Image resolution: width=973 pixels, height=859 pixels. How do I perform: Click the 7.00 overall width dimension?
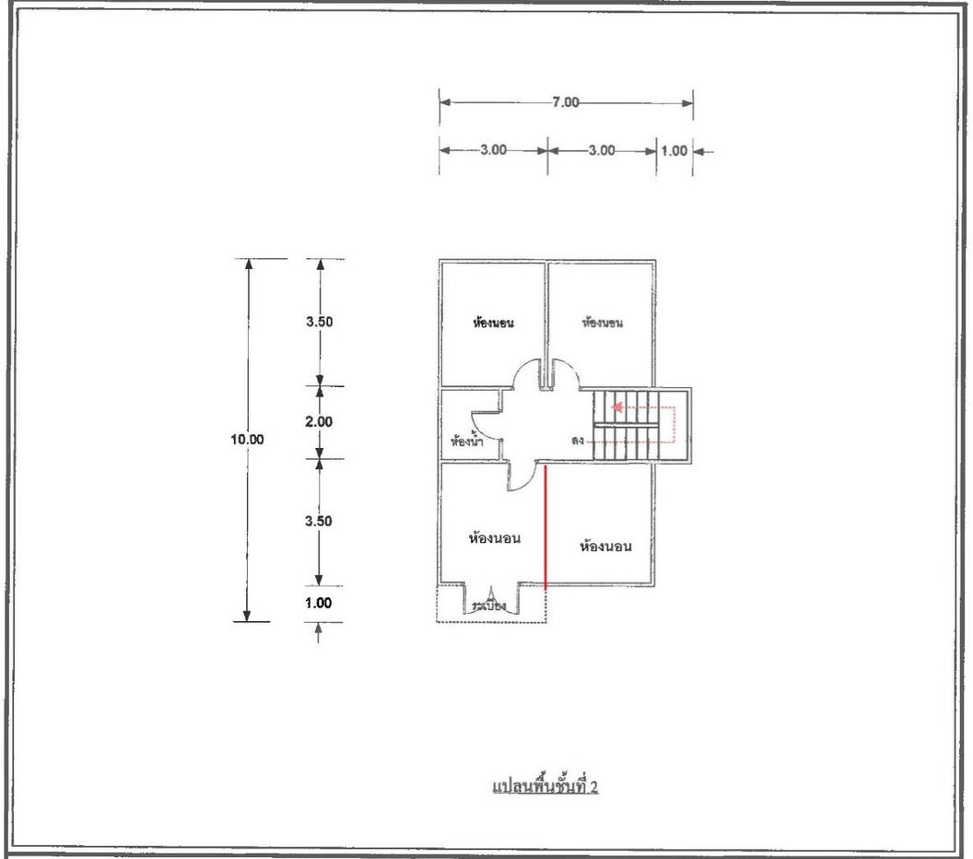[x=566, y=102]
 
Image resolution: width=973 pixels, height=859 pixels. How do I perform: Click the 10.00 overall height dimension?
[x=247, y=440]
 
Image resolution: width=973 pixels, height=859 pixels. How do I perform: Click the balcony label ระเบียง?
[x=488, y=607]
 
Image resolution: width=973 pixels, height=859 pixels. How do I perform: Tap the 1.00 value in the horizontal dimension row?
[x=674, y=150]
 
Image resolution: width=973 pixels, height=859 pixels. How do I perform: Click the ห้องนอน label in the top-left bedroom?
[x=492, y=324]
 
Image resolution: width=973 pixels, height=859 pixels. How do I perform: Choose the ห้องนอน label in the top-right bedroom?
[x=604, y=323]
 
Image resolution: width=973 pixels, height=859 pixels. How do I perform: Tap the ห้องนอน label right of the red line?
[x=605, y=547]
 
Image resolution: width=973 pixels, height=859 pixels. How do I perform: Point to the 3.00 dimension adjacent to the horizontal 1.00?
[x=601, y=150]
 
